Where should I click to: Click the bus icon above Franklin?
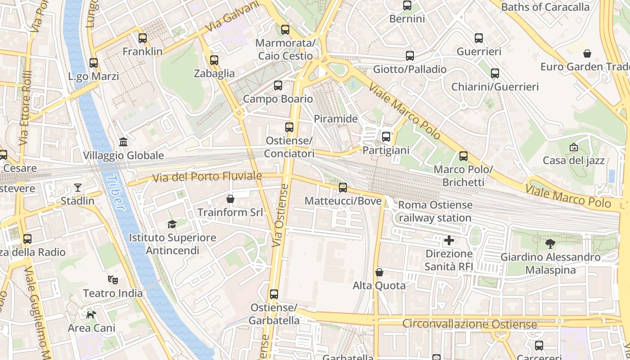click(143, 38)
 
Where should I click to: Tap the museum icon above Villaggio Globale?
click(123, 142)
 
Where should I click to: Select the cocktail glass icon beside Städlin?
click(78, 187)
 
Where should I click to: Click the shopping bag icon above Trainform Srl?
click(230, 198)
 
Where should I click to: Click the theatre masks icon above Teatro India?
click(112, 280)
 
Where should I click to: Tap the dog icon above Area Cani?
click(91, 315)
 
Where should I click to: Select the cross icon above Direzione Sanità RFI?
click(449, 240)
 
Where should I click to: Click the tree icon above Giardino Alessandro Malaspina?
click(550, 244)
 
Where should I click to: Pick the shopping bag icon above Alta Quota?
click(379, 272)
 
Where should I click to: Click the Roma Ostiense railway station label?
click(435, 211)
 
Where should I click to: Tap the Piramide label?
click(336, 119)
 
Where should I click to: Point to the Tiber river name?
click(114, 192)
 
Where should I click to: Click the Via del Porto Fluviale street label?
click(207, 177)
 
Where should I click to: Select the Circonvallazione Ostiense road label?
click(469, 324)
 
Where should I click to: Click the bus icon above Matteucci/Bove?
click(343, 188)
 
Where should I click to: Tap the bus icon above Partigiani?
click(386, 137)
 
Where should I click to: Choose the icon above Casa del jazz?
click(573, 147)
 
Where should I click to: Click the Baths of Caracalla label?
click(545, 7)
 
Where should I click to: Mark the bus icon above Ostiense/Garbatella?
click(274, 294)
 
